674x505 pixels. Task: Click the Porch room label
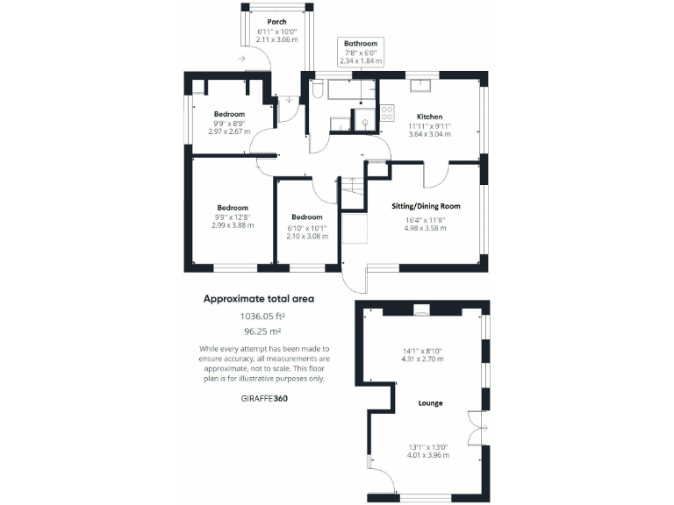276,21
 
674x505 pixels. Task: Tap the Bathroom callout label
360,44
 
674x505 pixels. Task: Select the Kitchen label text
429,117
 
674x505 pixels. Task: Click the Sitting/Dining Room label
425,206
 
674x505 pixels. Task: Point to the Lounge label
430,403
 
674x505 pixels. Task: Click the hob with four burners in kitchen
386,113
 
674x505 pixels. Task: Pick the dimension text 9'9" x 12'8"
232,217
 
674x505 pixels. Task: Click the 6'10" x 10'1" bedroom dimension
307,227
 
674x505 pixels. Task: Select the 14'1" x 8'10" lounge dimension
421,351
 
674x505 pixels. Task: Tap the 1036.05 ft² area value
259,317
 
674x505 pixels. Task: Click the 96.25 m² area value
259,332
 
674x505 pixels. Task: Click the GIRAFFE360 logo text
262,398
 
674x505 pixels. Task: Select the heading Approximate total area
259,299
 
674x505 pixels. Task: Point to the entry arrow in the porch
240,59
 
